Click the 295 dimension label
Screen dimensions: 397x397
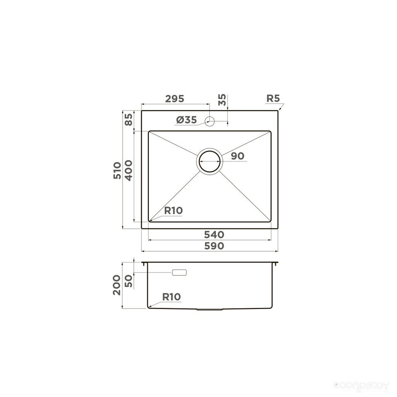(174, 99)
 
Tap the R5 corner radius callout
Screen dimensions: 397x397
(273, 98)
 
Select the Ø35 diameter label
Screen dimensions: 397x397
(186, 120)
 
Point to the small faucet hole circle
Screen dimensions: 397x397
(210, 121)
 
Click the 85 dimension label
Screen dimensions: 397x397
(129, 119)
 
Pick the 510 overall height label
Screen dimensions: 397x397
(117, 171)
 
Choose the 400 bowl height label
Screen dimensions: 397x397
(129, 171)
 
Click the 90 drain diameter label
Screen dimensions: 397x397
(238, 156)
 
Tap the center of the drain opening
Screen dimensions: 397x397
(210, 161)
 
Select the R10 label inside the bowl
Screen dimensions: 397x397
(173, 211)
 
